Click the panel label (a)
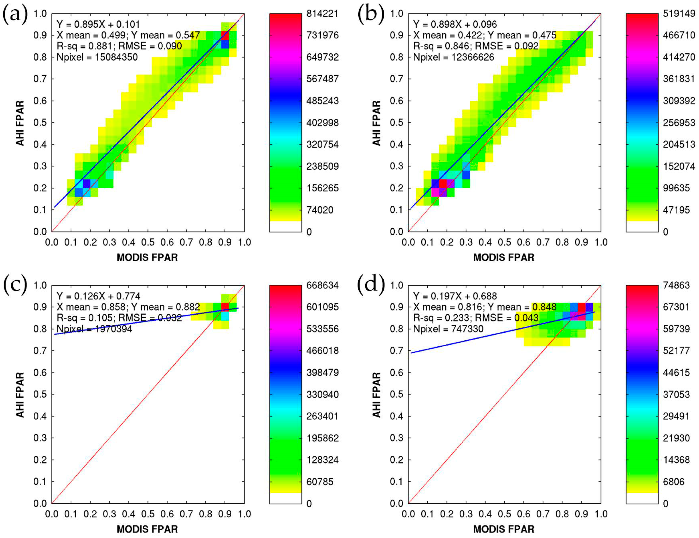click(x=15, y=14)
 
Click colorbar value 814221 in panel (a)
click(x=322, y=13)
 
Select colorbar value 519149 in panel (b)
click(x=679, y=13)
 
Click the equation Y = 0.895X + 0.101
click(x=98, y=24)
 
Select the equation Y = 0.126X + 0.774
click(x=98, y=296)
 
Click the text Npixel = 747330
click(x=448, y=329)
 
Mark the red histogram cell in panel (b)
click(x=443, y=184)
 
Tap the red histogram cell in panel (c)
click(x=225, y=307)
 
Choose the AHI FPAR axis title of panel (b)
click(x=376, y=123)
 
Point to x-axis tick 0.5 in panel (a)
click(x=148, y=242)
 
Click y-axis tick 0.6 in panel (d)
click(x=397, y=373)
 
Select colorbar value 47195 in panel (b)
click(x=676, y=210)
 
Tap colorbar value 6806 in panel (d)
click(x=674, y=482)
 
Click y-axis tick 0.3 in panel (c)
click(x=40, y=438)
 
